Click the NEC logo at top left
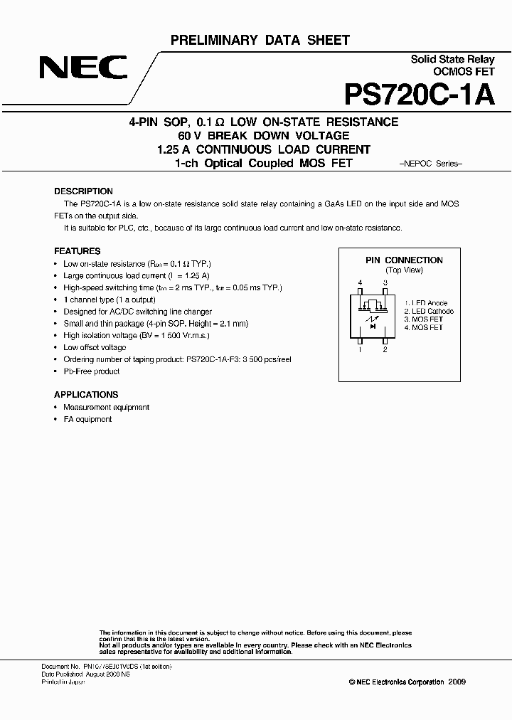[x=83, y=70]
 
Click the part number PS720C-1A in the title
[x=419, y=95]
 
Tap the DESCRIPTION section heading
[x=83, y=191]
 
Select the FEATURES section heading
[x=78, y=251]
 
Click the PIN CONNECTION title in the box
[x=404, y=260]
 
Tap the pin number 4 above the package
[x=361, y=283]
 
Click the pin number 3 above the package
[x=385, y=283]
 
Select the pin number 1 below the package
[x=361, y=350]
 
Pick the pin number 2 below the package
[x=385, y=350]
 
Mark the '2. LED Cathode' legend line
[x=429, y=312]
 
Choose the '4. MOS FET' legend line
[x=423, y=327]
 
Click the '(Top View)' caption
[x=404, y=270]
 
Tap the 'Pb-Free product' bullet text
[x=91, y=371]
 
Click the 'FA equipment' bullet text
[x=87, y=420]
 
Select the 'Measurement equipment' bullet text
[x=106, y=408]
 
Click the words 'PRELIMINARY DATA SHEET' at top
[x=260, y=41]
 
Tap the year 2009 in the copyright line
[x=457, y=682]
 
